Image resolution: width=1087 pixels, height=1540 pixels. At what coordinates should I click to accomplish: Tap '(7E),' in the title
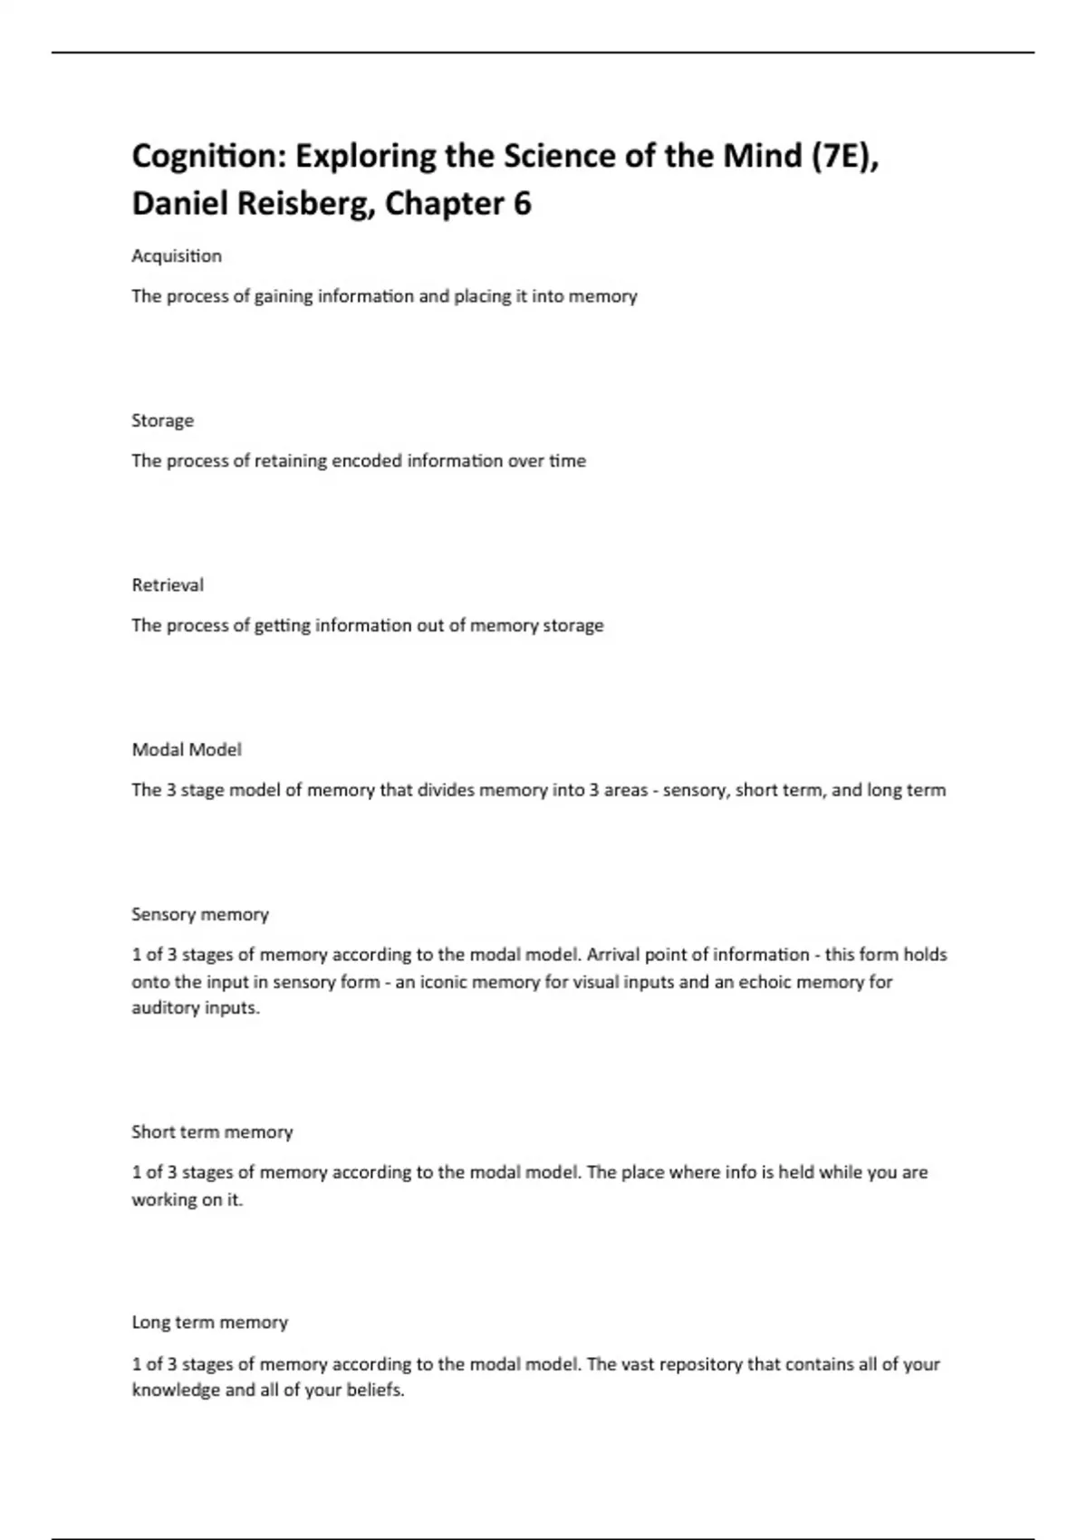(846, 157)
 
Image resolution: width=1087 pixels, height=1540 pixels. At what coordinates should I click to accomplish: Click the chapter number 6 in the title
(522, 204)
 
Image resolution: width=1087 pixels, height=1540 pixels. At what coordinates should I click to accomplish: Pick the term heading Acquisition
(177, 256)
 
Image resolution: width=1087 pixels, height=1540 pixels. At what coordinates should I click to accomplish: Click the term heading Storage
(162, 420)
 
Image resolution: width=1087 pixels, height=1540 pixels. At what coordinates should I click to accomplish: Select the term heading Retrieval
(168, 585)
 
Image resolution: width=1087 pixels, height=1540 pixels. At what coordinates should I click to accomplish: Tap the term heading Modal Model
(187, 750)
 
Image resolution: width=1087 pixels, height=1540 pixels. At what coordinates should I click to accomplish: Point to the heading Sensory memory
(200, 914)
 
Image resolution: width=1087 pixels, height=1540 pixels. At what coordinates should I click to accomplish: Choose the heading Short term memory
(212, 1132)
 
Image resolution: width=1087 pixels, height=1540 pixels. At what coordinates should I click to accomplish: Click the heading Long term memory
(209, 1323)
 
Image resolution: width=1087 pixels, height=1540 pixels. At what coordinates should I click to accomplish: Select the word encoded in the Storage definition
(366, 461)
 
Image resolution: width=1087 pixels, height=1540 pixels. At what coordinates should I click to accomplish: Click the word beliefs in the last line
(375, 1391)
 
